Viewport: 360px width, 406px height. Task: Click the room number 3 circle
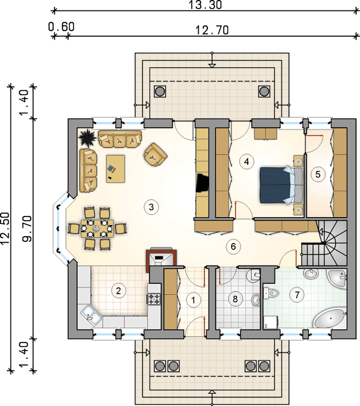(x=151, y=207)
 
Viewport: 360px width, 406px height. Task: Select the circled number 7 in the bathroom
(x=297, y=294)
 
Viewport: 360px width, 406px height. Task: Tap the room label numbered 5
(x=318, y=174)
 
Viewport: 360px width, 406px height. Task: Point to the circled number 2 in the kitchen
(x=118, y=290)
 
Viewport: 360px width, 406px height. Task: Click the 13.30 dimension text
(x=205, y=5)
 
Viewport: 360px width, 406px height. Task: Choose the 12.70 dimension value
(x=211, y=30)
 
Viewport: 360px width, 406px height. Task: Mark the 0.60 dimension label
(x=62, y=26)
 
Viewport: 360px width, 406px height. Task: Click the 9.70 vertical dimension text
(x=27, y=229)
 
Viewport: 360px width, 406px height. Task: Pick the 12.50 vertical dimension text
(x=5, y=229)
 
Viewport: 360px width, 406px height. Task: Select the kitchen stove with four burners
(x=154, y=298)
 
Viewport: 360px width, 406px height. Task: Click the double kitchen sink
(x=91, y=314)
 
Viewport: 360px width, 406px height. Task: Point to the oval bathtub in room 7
(x=329, y=318)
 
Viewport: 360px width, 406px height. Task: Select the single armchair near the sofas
(x=156, y=154)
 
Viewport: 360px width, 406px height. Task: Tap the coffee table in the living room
(x=116, y=169)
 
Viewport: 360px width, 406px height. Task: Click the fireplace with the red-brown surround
(x=161, y=257)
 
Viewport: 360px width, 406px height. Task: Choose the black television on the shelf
(x=203, y=183)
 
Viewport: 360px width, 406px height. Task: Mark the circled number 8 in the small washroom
(x=235, y=299)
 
